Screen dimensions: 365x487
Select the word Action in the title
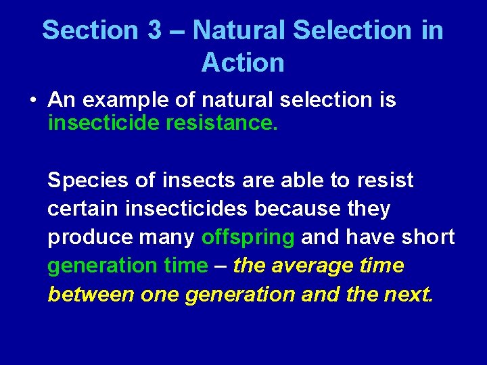click(243, 63)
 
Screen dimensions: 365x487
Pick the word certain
click(83, 210)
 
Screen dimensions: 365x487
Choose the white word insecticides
click(187, 210)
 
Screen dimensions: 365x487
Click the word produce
click(88, 238)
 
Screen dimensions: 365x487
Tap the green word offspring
click(248, 238)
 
